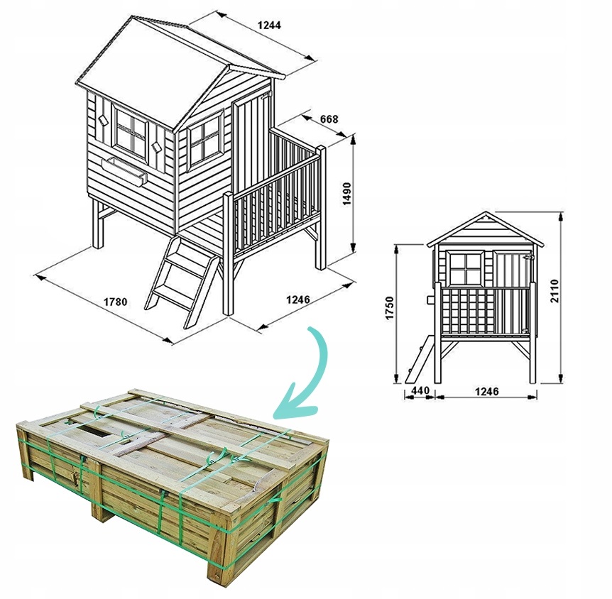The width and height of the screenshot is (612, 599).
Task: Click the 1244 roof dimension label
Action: [269, 25]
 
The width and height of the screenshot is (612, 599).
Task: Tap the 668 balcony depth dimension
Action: [329, 119]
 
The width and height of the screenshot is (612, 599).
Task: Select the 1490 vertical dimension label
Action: [346, 193]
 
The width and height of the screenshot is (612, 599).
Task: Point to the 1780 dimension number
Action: [115, 302]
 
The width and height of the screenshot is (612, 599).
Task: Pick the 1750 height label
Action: [390, 308]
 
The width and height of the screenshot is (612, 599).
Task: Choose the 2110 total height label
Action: [554, 291]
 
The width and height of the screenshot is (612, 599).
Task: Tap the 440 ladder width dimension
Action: [420, 390]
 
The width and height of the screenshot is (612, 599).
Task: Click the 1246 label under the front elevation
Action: [486, 391]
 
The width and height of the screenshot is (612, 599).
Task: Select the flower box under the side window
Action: [124, 170]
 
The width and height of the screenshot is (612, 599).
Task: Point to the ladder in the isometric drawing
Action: [181, 282]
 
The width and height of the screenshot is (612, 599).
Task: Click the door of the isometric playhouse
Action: [251, 145]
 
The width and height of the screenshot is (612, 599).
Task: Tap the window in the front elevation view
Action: [466, 269]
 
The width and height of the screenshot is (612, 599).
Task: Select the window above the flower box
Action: [130, 132]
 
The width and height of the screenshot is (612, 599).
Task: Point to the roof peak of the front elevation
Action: [486, 212]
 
